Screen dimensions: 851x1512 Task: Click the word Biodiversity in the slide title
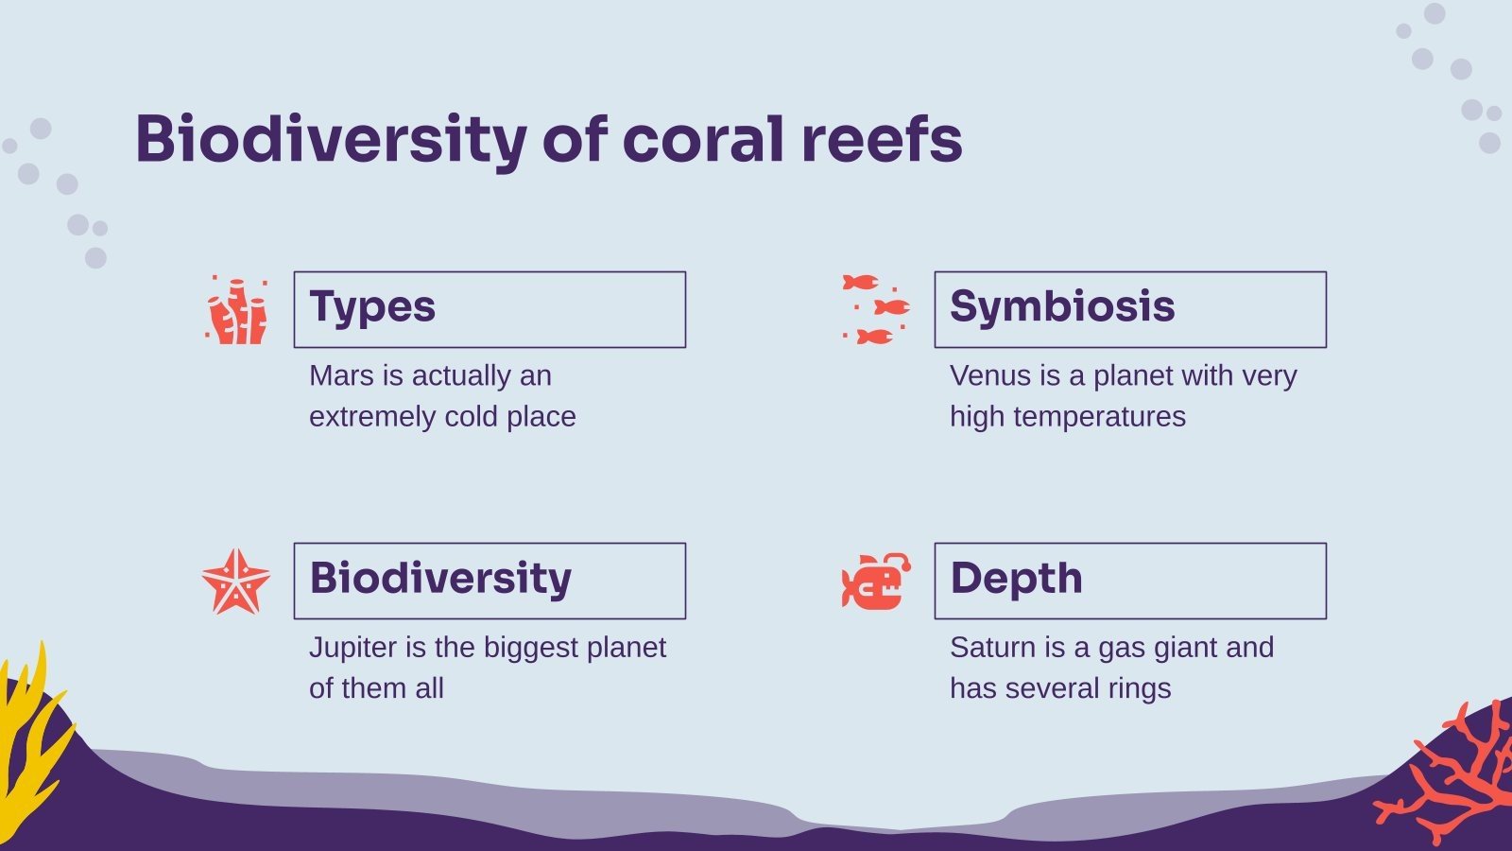(330, 139)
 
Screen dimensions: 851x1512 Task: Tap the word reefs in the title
(882, 139)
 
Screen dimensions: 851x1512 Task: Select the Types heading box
(490, 309)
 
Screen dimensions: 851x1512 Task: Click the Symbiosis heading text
(1062, 306)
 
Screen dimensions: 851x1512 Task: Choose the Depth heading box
(1130, 581)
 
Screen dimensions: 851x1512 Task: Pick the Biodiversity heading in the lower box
(440, 578)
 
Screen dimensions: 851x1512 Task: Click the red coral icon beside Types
(236, 310)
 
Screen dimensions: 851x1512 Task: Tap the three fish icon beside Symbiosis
(876, 309)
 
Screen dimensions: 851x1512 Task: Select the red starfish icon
(235, 582)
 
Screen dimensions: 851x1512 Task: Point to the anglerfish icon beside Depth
(876, 582)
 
